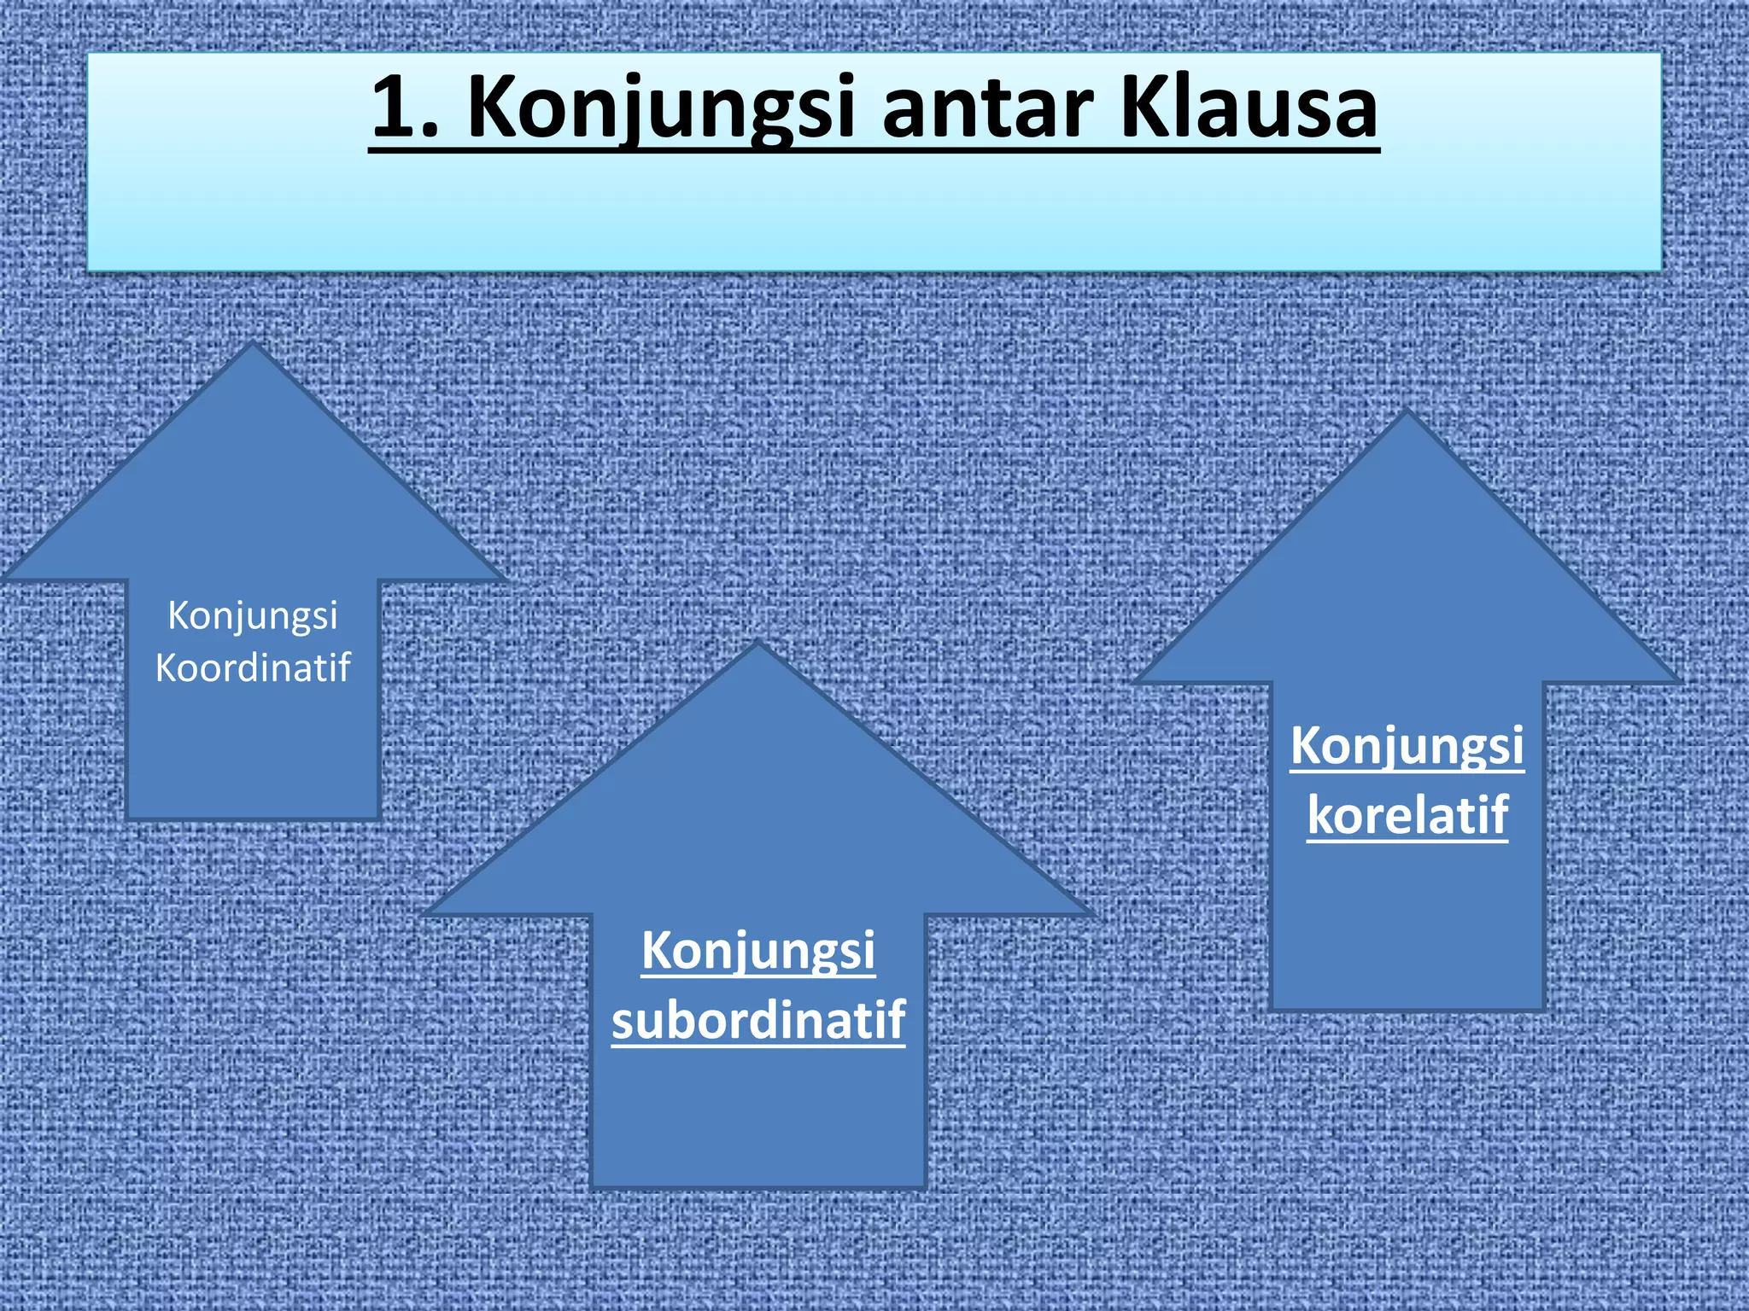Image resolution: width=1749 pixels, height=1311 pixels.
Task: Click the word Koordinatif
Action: [253, 667]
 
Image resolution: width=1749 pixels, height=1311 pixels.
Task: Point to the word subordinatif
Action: [758, 1019]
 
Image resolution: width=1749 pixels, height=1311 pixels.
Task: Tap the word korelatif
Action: [1407, 814]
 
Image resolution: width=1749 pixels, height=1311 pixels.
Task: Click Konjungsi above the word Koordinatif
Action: [253, 616]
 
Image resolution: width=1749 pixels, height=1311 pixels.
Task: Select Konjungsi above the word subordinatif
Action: [758, 951]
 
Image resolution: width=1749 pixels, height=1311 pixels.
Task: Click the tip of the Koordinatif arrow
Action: [252, 345]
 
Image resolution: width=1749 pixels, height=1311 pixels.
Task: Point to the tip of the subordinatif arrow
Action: [758, 644]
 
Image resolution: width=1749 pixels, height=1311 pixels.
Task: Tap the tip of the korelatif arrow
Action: [1407, 411]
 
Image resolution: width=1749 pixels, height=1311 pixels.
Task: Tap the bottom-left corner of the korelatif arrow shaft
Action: [1272, 1010]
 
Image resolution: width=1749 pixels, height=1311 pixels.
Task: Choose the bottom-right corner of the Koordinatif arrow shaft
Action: [378, 819]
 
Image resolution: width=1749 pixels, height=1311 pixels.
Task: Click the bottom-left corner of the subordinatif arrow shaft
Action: [591, 1187]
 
